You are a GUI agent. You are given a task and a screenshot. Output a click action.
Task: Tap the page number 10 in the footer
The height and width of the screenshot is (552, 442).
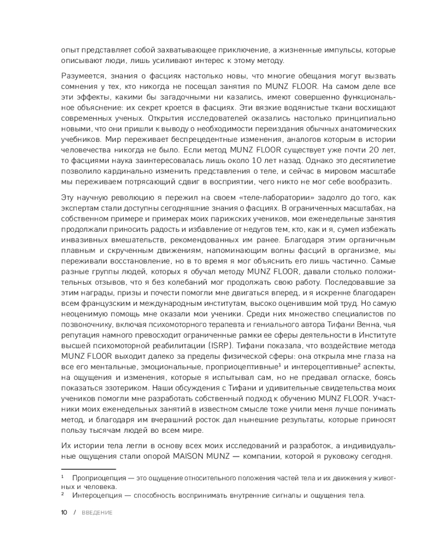64,513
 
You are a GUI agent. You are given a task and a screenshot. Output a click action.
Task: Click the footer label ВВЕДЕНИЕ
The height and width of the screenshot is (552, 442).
97,513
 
